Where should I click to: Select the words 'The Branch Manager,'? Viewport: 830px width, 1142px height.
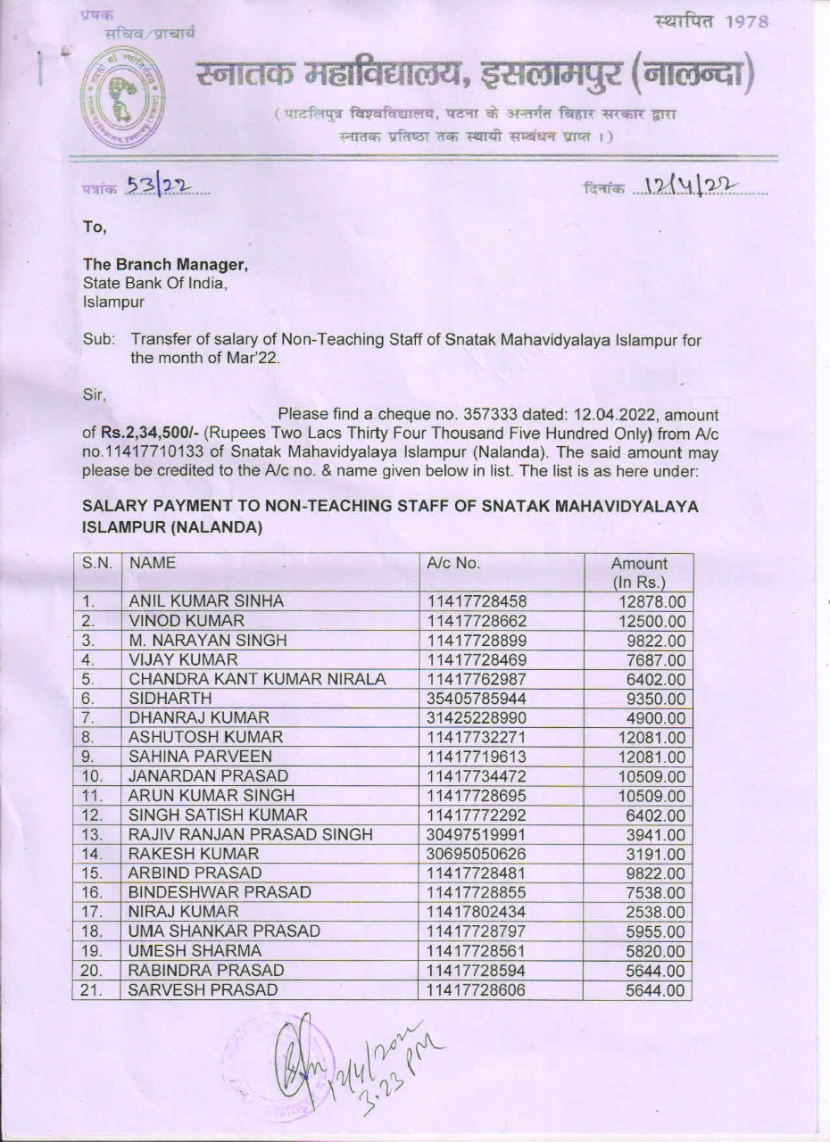pos(165,264)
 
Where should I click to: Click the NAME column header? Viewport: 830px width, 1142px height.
pos(152,564)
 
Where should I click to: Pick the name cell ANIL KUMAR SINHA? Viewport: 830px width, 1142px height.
pos(206,601)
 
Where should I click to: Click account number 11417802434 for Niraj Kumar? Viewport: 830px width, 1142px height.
pos(477,912)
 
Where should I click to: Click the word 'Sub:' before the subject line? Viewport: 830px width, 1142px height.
pos(98,340)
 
